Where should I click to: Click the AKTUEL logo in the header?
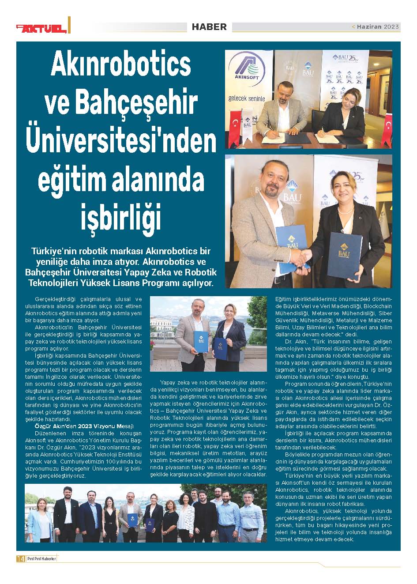coord(42,28)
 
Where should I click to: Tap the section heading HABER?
coord(209,27)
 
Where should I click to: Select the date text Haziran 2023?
coord(378,27)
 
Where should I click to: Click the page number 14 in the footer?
coord(20,558)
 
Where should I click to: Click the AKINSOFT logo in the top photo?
coord(246,71)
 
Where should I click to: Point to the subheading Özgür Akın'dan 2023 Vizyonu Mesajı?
coord(84,426)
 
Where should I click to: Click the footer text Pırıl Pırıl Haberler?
coord(41,558)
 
